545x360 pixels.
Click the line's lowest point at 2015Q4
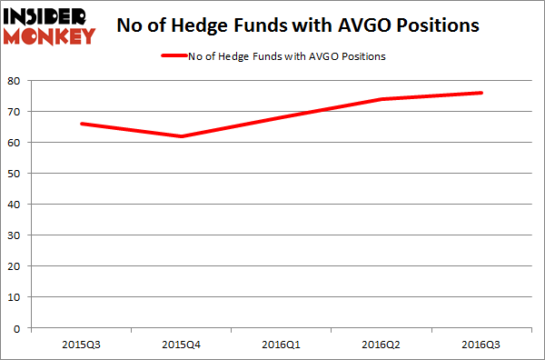tap(182, 136)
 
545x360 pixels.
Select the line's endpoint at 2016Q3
tap(481, 93)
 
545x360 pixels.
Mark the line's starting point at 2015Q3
tap(82, 124)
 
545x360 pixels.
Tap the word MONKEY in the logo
tap(49, 36)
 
